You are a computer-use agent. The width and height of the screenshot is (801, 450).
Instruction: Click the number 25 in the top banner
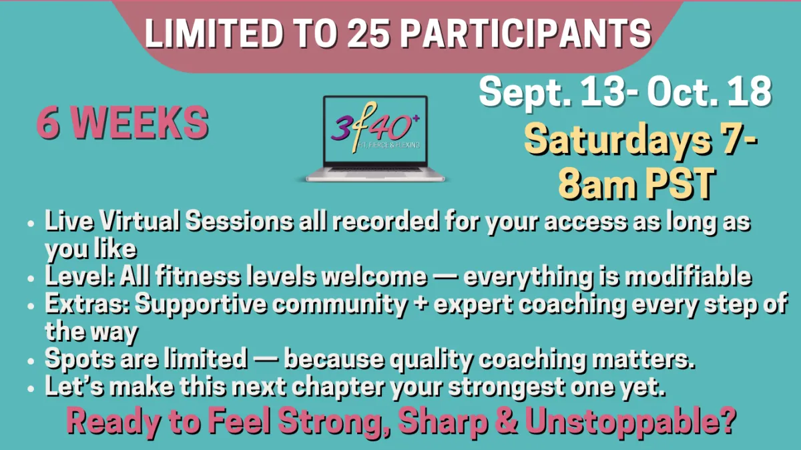tap(368, 33)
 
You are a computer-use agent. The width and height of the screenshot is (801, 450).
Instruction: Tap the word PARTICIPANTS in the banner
tap(525, 33)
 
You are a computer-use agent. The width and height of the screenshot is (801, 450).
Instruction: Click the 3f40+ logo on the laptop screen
tap(375, 128)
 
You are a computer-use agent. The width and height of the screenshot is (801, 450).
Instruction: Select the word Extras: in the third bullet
tap(87, 304)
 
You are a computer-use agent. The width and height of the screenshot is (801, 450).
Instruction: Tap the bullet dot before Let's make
tap(31, 389)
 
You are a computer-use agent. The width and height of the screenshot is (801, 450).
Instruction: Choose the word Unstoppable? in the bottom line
tap(630, 422)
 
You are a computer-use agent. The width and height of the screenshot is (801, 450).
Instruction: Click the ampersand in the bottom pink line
tap(507, 420)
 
